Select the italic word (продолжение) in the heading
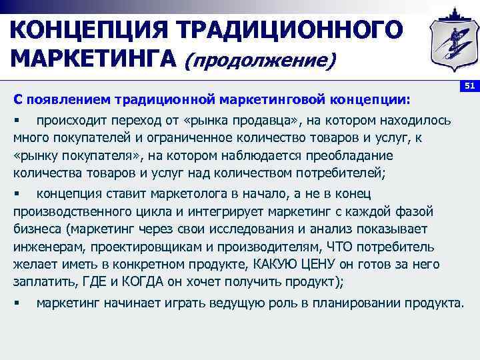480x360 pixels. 260,61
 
